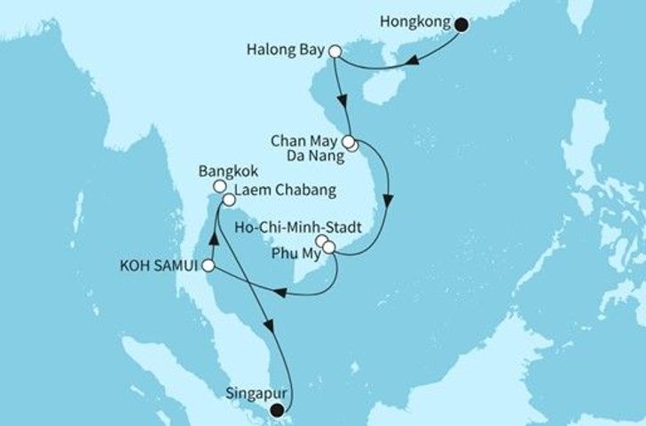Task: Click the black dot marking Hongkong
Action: point(461,26)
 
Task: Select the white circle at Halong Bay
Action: point(335,52)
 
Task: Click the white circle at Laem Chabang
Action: point(227,201)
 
